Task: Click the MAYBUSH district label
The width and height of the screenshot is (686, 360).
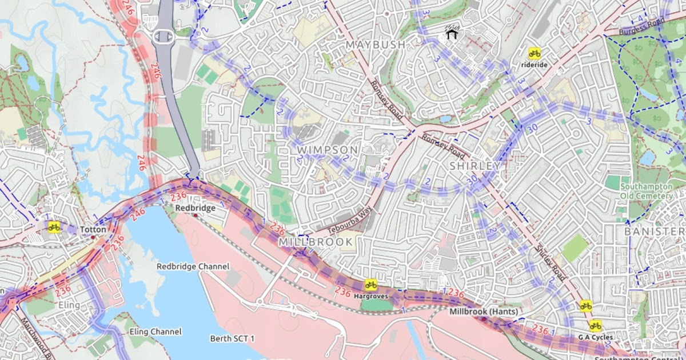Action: [x=376, y=44]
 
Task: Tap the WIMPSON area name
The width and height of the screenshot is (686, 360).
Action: [x=328, y=150]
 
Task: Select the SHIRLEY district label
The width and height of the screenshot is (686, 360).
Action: [x=474, y=166]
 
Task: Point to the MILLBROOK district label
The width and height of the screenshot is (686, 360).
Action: [x=316, y=242]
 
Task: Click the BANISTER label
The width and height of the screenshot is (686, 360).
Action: [x=654, y=231]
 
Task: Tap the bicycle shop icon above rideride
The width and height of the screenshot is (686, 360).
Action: [x=535, y=53]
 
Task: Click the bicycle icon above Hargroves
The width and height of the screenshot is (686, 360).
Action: [x=370, y=284]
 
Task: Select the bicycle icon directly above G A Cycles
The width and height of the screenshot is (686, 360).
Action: [x=595, y=325]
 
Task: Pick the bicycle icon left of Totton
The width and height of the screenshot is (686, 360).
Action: [x=54, y=227]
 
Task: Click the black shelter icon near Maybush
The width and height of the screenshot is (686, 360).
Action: [x=452, y=33]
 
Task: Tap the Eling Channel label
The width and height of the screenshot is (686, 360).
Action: [x=155, y=331]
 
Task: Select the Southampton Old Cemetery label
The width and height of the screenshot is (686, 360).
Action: [x=647, y=191]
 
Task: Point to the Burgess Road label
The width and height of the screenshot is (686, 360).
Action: [x=643, y=26]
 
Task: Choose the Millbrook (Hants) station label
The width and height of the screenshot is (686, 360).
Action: [x=484, y=311]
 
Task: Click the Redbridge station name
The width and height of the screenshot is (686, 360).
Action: [x=195, y=208]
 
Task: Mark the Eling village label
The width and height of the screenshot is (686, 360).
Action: [x=69, y=305]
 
